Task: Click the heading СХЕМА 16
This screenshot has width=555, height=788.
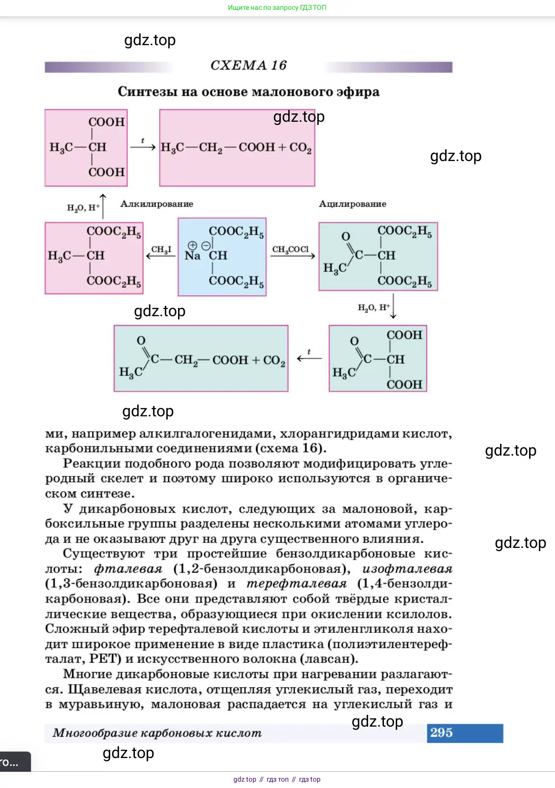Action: pyautogui.click(x=248, y=65)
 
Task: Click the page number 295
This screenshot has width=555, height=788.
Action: pyautogui.click(x=441, y=733)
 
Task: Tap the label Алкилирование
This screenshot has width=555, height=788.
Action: pyautogui.click(x=157, y=204)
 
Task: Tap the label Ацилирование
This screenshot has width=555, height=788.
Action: pyautogui.click(x=353, y=204)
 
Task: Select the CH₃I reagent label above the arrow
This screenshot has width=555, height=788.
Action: pyautogui.click(x=161, y=249)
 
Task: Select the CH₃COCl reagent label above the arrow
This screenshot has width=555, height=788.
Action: pyautogui.click(x=291, y=249)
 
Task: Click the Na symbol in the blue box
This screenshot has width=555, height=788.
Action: pyautogui.click(x=192, y=256)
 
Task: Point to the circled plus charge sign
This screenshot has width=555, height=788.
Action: pyautogui.click(x=192, y=245)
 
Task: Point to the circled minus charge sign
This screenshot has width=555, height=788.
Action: pyautogui.click(x=206, y=245)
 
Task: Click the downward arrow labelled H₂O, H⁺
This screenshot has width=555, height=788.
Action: pyautogui.click(x=393, y=307)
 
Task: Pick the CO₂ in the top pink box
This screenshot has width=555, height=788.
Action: pyautogui.click(x=301, y=147)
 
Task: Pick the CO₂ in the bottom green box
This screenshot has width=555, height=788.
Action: pyautogui.click(x=274, y=360)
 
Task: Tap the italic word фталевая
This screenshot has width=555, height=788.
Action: pyautogui.click(x=128, y=569)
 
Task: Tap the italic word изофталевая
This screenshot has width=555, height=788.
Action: pyautogui.click(x=407, y=569)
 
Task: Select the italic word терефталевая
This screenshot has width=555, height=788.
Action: pyautogui.click(x=296, y=584)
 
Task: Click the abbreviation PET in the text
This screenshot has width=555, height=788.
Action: pyautogui.click(x=103, y=658)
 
